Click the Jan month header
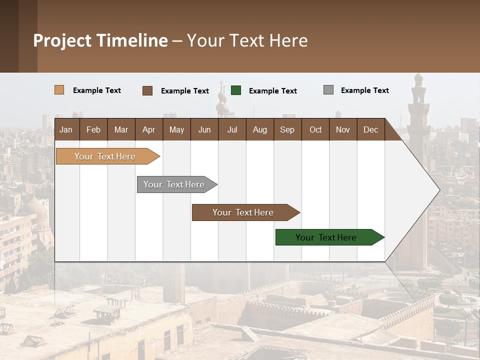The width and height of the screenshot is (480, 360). (x=66, y=130)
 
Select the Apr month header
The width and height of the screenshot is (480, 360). (x=148, y=130)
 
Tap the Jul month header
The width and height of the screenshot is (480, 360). (x=232, y=130)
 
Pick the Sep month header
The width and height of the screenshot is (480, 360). (x=287, y=130)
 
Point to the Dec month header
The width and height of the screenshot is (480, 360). (x=370, y=130)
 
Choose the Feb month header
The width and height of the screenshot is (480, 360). (x=93, y=130)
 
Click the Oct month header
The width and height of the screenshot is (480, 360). (x=315, y=130)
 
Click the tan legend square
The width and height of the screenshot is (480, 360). (x=59, y=90)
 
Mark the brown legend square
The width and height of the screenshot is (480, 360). (x=147, y=90)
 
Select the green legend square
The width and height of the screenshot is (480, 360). (x=236, y=90)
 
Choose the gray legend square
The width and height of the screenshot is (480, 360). (x=328, y=90)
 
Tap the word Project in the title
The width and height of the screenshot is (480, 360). (x=62, y=40)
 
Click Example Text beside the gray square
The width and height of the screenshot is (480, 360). (x=364, y=90)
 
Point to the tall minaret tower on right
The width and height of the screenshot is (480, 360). (x=418, y=115)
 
